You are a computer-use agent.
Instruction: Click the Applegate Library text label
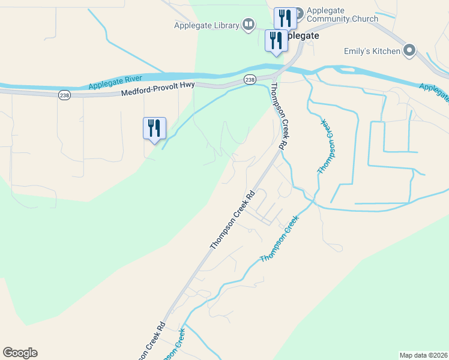click(206, 25)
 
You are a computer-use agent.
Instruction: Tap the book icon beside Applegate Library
click(249, 25)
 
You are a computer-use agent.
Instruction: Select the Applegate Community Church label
click(342, 14)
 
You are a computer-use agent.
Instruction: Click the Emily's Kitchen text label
click(372, 51)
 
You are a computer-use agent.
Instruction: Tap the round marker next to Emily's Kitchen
click(410, 50)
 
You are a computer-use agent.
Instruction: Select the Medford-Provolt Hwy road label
click(157, 89)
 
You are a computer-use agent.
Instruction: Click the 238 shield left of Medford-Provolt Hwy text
click(64, 95)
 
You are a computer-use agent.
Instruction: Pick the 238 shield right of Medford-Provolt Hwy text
click(250, 80)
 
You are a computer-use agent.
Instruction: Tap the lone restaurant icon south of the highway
click(154, 128)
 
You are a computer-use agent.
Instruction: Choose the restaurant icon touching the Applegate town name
click(276, 41)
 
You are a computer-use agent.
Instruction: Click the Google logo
click(20, 353)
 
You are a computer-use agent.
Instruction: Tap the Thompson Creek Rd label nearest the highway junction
click(277, 116)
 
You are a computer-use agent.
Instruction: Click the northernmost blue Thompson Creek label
click(325, 147)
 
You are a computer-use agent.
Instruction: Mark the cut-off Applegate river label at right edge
click(435, 91)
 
